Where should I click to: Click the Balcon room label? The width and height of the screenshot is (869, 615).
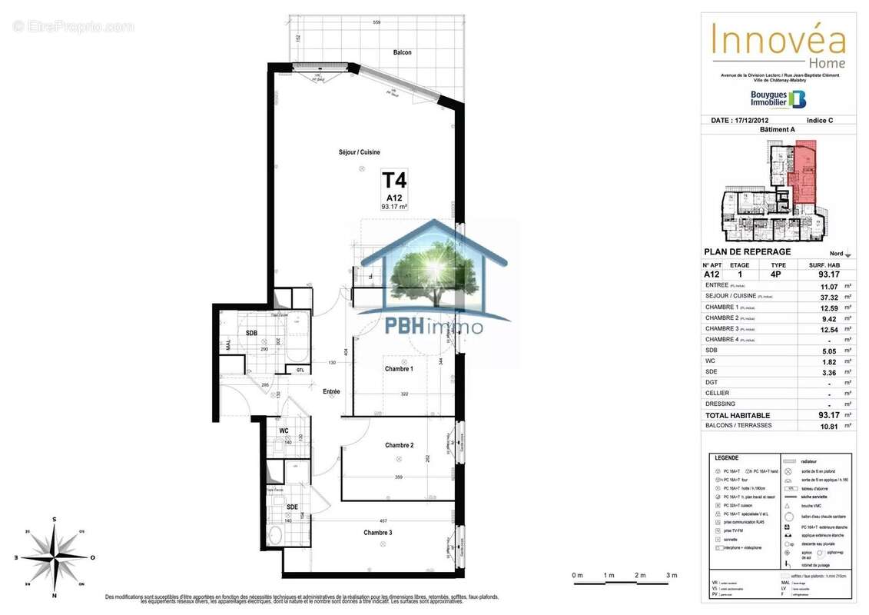click(402, 52)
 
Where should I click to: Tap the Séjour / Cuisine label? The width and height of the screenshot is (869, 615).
click(360, 152)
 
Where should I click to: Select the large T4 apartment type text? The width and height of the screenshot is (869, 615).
click(394, 181)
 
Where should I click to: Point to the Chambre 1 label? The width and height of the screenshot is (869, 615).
click(399, 369)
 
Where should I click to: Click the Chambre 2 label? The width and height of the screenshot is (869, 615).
click(400, 445)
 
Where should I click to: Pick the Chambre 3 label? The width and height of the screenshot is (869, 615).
click(378, 533)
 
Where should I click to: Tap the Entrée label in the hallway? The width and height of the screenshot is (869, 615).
click(331, 391)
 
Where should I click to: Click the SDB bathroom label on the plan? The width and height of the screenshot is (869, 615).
click(251, 333)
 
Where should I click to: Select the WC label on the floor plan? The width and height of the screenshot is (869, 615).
click(284, 430)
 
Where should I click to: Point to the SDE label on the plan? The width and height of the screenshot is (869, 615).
click(292, 507)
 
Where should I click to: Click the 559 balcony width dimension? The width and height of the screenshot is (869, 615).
click(376, 22)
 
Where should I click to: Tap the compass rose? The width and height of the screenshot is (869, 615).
click(55, 557)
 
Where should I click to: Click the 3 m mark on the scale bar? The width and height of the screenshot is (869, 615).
click(671, 576)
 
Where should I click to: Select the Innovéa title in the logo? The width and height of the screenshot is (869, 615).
click(778, 38)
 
